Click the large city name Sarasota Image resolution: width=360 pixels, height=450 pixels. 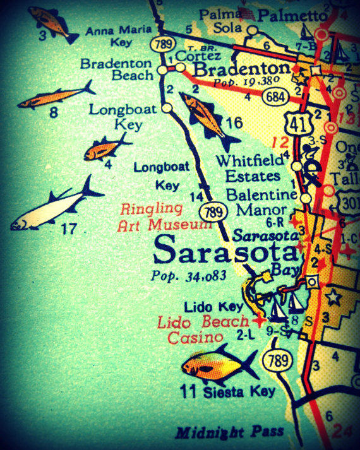(225, 251)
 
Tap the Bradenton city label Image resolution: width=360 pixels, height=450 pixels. (242, 69)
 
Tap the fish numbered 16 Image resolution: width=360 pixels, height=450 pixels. (203, 114)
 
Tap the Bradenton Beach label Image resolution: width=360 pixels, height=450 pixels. (117, 69)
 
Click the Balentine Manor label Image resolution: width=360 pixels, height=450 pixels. (261, 203)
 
